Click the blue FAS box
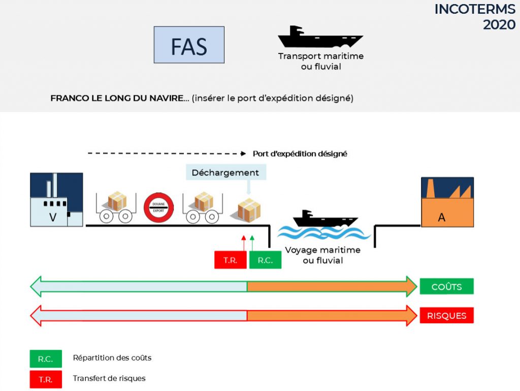point(189,45)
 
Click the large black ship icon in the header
point(320,37)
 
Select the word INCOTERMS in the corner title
point(475,9)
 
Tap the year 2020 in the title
point(499,24)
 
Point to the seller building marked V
point(56,200)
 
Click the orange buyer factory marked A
point(447,202)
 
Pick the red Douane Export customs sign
point(158,208)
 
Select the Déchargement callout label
point(225,172)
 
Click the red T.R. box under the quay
point(231,260)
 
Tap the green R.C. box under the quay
point(265,260)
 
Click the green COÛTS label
point(447,286)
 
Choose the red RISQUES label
point(447,315)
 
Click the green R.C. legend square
point(46,359)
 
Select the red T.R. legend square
point(46,379)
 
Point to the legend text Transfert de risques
point(109,378)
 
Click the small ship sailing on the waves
point(325,219)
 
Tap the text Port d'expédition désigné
point(300,154)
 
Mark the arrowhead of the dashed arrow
point(243,154)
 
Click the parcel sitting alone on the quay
point(249,210)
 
